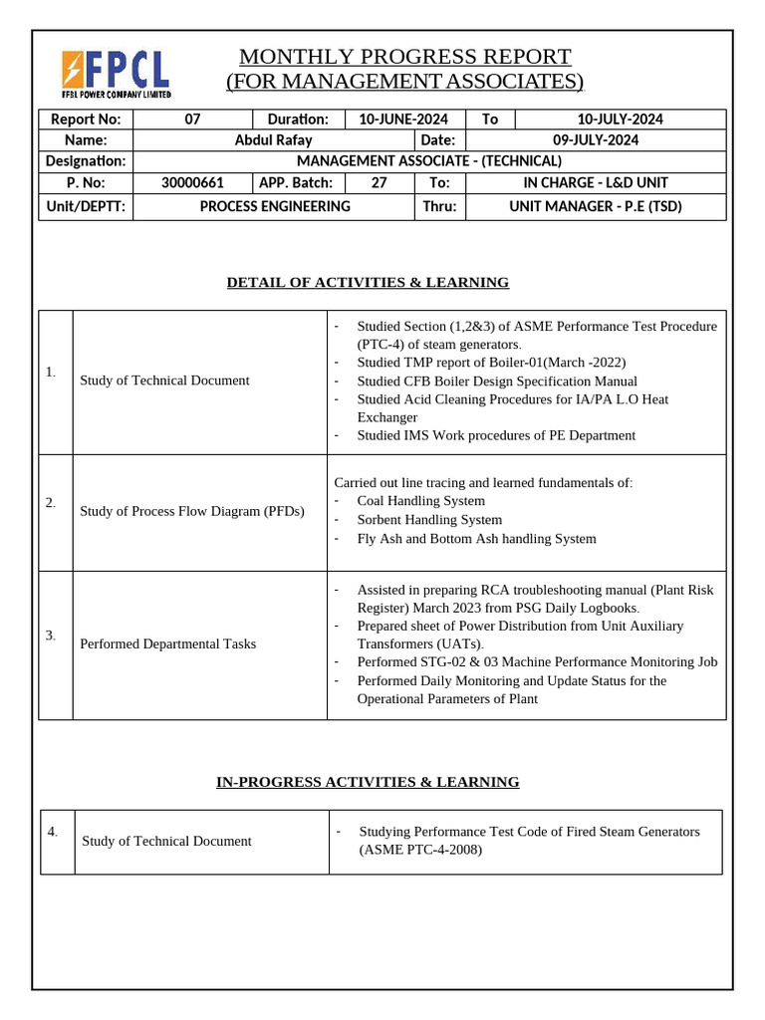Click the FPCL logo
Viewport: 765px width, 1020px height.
click(x=116, y=73)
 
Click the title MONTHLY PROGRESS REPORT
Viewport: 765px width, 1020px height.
click(x=404, y=56)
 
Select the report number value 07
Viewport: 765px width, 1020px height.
click(x=192, y=120)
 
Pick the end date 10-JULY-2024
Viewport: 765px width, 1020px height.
click(x=621, y=120)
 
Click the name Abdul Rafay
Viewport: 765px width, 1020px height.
click(x=273, y=140)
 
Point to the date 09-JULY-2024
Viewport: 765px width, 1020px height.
click(x=596, y=140)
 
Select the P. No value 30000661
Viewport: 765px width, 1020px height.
click(x=192, y=182)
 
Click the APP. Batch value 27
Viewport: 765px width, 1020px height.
click(x=379, y=182)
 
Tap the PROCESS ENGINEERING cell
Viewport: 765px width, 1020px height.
click(x=275, y=206)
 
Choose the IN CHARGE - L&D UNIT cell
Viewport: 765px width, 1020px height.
click(x=596, y=182)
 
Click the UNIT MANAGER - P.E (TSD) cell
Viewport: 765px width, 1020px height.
click(x=596, y=206)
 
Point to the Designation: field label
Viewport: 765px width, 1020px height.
click(x=86, y=161)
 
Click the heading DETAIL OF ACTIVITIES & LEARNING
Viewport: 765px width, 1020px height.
click(x=368, y=283)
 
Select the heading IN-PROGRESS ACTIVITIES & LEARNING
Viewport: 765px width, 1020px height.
click(x=368, y=782)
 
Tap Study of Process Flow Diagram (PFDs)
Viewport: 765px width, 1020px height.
click(x=192, y=512)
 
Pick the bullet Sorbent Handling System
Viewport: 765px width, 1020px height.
click(x=429, y=520)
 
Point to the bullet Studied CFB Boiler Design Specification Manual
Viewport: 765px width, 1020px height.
click(x=497, y=382)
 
